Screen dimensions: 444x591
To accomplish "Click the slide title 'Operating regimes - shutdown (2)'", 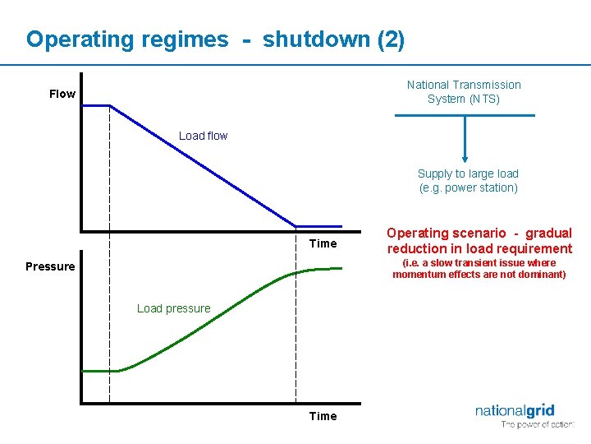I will point(215,39).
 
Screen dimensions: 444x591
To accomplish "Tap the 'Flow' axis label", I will point(62,94).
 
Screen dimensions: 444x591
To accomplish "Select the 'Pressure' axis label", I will point(50,266).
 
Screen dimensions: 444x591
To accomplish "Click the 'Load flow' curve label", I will point(203,136).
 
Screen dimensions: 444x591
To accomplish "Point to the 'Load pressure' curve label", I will point(173,308).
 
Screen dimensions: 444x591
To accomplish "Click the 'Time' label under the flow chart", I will point(323,243).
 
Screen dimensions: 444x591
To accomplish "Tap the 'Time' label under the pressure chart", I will point(323,416).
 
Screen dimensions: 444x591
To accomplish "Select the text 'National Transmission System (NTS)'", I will point(464,91).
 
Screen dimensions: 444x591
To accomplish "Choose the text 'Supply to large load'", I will point(468,173).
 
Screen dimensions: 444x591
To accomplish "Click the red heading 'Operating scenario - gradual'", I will point(479,234).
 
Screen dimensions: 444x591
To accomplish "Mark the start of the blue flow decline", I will point(110,105).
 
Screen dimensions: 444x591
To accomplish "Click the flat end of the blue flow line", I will point(320,225).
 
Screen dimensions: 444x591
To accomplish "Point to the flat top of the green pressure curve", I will point(324,269).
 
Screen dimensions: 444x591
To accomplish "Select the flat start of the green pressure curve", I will point(98,371).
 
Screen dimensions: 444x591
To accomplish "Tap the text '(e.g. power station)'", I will point(469,187).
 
